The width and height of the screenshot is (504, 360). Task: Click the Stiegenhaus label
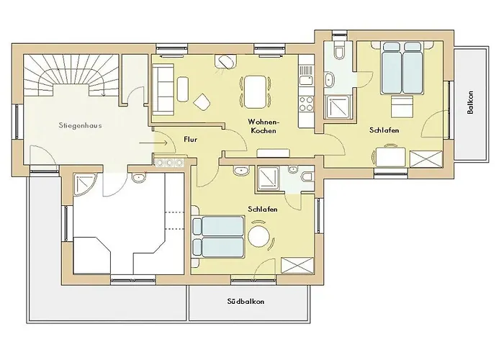coord(81,125)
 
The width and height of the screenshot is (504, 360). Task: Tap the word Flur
coord(190,138)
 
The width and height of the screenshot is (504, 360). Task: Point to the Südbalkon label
coord(244,301)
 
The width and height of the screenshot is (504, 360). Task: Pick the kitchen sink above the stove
coord(306,72)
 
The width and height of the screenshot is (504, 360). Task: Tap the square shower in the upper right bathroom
coord(337,107)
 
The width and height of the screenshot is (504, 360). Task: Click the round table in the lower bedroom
coord(258,236)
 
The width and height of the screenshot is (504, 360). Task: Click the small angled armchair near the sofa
coord(202,102)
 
